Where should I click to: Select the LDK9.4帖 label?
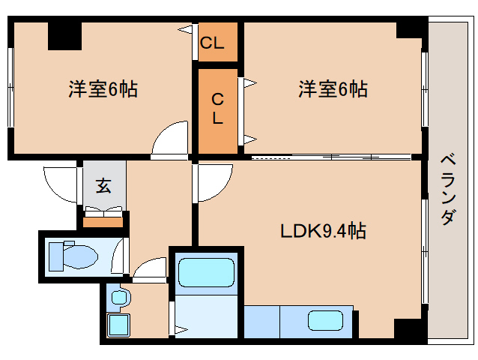point(323,232)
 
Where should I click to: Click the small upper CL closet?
point(213,43)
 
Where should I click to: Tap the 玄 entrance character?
point(103,186)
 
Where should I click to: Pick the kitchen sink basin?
point(327,320)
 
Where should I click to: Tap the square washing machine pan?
point(118,325)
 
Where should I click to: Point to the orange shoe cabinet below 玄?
point(103,220)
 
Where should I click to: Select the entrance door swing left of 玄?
point(62,184)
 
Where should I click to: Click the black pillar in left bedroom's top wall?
point(64,35)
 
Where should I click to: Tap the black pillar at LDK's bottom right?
point(409,329)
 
